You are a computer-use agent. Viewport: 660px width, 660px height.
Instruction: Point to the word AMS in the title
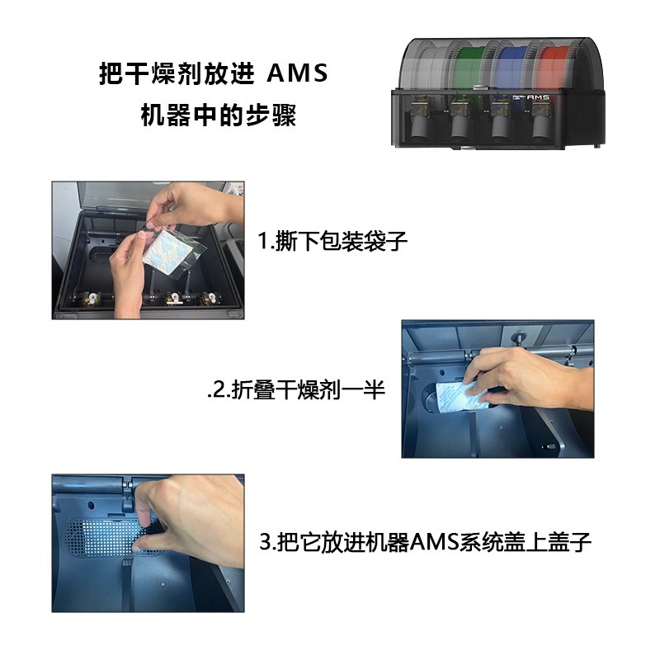point(296,73)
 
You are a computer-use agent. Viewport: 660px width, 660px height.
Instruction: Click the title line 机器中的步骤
point(218,115)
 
